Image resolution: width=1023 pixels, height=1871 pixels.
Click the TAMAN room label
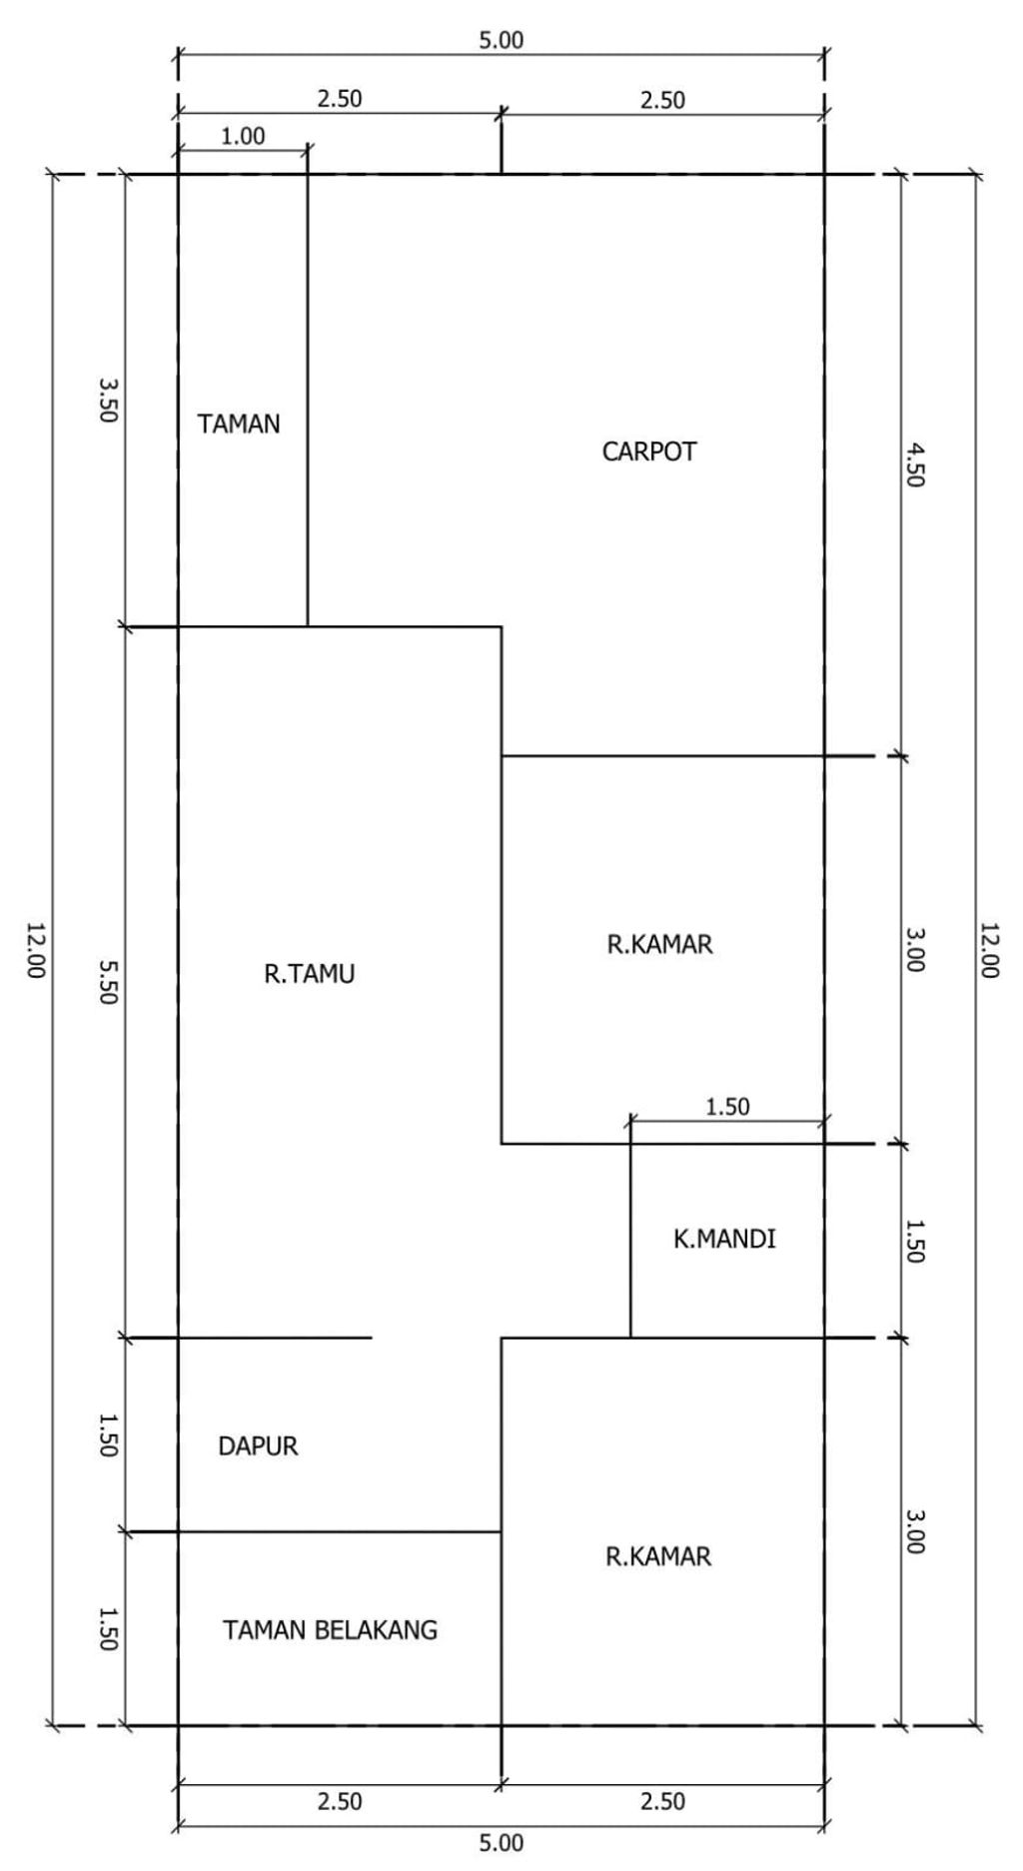point(239,425)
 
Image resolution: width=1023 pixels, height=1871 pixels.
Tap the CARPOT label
point(649,452)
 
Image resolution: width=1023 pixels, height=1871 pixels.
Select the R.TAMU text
point(310,974)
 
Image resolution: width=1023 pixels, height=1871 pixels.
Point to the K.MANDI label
point(724,1240)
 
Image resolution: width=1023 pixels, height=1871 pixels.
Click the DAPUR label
point(258,1446)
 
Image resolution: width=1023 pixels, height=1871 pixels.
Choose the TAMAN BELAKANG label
point(331,1630)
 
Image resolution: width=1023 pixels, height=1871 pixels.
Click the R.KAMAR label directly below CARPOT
point(660,944)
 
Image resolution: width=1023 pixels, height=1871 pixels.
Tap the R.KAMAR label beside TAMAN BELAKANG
point(659,1556)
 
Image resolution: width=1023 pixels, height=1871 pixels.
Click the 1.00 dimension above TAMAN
point(243,137)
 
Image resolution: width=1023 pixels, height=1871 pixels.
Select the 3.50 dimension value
point(108,400)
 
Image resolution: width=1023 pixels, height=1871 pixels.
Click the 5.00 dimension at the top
point(501,41)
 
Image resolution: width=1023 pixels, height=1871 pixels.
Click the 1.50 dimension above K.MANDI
point(727,1107)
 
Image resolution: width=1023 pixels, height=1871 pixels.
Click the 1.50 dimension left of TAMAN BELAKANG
point(108,1627)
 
